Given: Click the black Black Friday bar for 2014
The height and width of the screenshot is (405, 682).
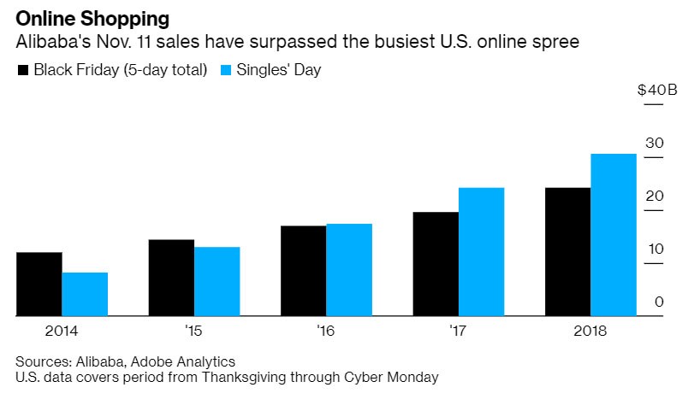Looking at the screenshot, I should [39, 284].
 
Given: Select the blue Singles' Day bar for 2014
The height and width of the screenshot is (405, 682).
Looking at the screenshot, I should [85, 294].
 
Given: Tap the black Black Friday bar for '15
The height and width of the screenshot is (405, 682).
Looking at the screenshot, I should [171, 278].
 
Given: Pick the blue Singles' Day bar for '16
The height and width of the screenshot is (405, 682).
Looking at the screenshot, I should [349, 270].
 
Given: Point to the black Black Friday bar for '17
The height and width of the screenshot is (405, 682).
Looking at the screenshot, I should [436, 264].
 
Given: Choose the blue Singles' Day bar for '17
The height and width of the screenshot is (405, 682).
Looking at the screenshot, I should [481, 252].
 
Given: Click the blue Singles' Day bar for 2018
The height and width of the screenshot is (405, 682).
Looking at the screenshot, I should [614, 235].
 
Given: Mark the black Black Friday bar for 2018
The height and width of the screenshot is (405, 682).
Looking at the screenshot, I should [568, 252].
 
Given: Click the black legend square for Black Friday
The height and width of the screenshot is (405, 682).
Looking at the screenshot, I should [23, 70].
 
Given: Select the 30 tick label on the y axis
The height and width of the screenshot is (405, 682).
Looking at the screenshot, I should [654, 143].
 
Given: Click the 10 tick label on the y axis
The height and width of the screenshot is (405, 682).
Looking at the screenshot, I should [654, 249].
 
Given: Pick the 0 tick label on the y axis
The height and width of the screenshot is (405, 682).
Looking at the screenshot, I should [658, 301].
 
